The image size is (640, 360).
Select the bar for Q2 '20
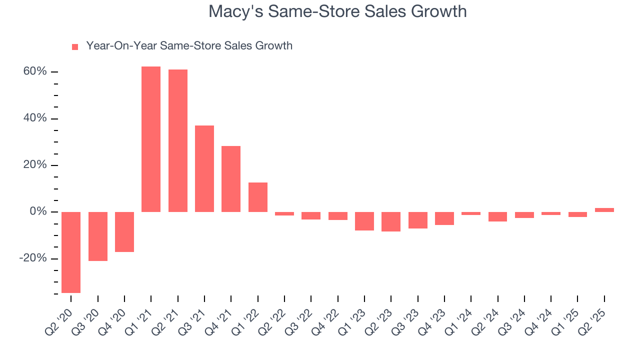point(71,252)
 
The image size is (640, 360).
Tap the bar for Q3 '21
point(204,168)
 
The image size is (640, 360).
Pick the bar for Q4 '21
point(231,179)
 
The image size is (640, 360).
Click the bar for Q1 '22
point(258,197)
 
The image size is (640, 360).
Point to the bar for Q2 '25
point(604,210)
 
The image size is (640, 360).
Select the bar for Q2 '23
point(391,221)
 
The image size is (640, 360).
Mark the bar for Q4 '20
point(124,231)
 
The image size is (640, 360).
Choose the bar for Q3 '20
point(98,236)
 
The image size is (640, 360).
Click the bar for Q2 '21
point(178,140)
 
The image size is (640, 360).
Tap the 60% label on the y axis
point(34,72)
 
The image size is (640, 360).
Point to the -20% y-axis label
point(33,258)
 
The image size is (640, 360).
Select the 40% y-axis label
point(34,118)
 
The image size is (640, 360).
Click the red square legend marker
point(75,47)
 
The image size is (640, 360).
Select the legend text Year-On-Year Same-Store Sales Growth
point(189,46)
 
